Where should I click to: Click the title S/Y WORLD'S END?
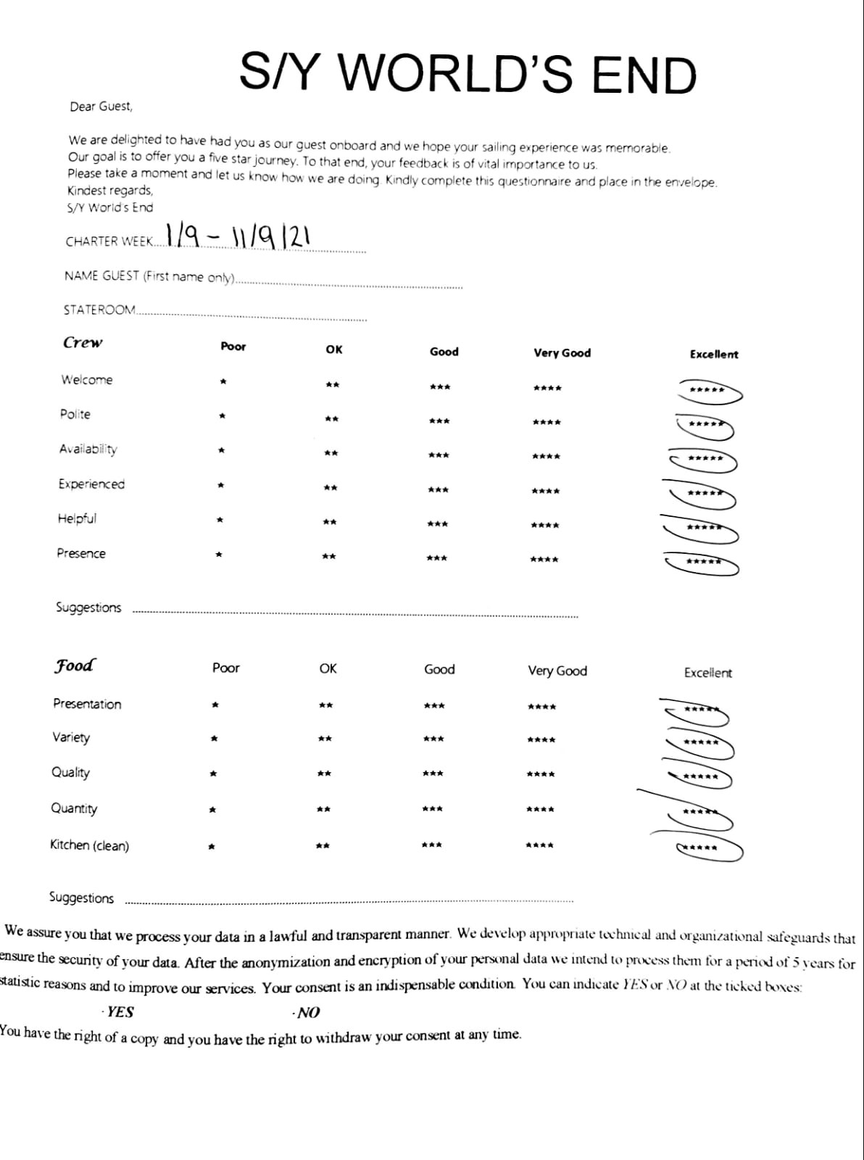[x=468, y=74]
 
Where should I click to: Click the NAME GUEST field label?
[x=149, y=276]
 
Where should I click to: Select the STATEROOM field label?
[x=99, y=310]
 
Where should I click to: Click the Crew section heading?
[x=83, y=342]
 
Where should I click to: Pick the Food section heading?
[x=74, y=665]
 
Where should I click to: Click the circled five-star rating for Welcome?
[x=707, y=391]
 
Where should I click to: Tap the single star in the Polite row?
[x=223, y=416]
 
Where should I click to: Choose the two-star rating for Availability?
[x=331, y=454]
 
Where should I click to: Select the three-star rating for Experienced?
[x=438, y=490]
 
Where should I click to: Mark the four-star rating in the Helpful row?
[x=545, y=525]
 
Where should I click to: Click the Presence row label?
[x=81, y=553]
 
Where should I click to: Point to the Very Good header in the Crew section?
[x=562, y=353]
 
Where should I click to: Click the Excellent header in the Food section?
[x=707, y=673]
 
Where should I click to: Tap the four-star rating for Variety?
[x=541, y=740]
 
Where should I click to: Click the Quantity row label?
[x=74, y=808]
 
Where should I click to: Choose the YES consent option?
[x=119, y=1012]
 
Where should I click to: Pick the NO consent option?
[x=307, y=1013]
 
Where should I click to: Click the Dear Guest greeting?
[x=101, y=107]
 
